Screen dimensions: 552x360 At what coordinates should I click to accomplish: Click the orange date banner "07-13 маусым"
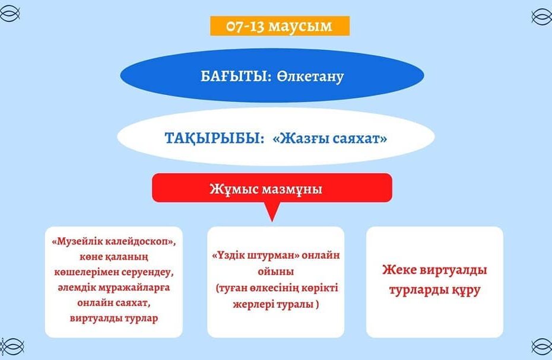pyautogui.click(x=280, y=26)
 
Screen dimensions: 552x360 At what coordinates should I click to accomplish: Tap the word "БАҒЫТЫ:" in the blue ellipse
pyautogui.click(x=235, y=77)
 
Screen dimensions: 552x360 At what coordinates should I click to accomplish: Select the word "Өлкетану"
pyautogui.click(x=310, y=77)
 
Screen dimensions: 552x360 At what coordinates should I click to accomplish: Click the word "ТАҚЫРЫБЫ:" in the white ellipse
pyautogui.click(x=214, y=139)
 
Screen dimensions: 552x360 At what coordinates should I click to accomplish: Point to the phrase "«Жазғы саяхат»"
pyautogui.click(x=330, y=138)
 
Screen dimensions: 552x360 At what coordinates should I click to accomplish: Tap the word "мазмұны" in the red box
pyautogui.click(x=292, y=190)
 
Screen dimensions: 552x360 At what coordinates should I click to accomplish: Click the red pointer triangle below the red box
pyautogui.click(x=272, y=211)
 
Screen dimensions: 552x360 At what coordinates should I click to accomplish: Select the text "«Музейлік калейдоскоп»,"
pyautogui.click(x=114, y=242)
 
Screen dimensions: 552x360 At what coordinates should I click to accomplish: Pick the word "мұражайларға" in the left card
pyautogui.click(x=135, y=288)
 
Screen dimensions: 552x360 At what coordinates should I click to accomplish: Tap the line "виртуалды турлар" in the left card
pyautogui.click(x=114, y=318)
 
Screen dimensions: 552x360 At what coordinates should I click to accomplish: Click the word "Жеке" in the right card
pyautogui.click(x=399, y=270)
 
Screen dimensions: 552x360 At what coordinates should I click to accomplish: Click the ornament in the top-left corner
pyautogui.click(x=9, y=14)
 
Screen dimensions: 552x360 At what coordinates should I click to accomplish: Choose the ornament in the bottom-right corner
pyautogui.click(x=542, y=346)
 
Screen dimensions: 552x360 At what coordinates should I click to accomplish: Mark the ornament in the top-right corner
pyautogui.click(x=542, y=17)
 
